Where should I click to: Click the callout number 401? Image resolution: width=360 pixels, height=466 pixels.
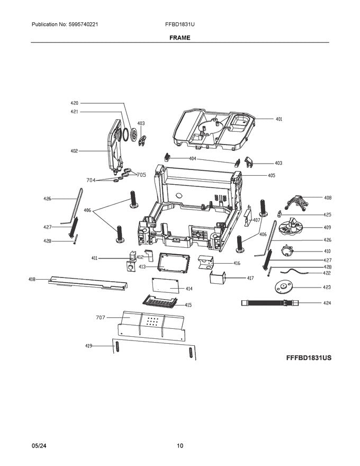click(x=278, y=119)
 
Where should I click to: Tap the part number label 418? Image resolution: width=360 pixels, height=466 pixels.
click(x=32, y=279)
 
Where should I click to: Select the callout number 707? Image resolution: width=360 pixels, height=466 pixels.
click(x=101, y=317)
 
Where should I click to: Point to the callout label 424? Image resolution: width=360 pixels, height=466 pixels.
click(x=327, y=303)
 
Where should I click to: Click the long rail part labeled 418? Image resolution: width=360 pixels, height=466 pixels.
click(x=87, y=282)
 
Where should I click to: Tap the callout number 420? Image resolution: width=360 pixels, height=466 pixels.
click(x=74, y=103)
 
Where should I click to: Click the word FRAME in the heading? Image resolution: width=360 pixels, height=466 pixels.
click(x=180, y=38)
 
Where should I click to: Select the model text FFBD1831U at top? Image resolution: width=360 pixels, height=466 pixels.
click(x=181, y=25)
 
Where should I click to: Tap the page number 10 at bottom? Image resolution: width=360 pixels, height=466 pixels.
click(x=180, y=446)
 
